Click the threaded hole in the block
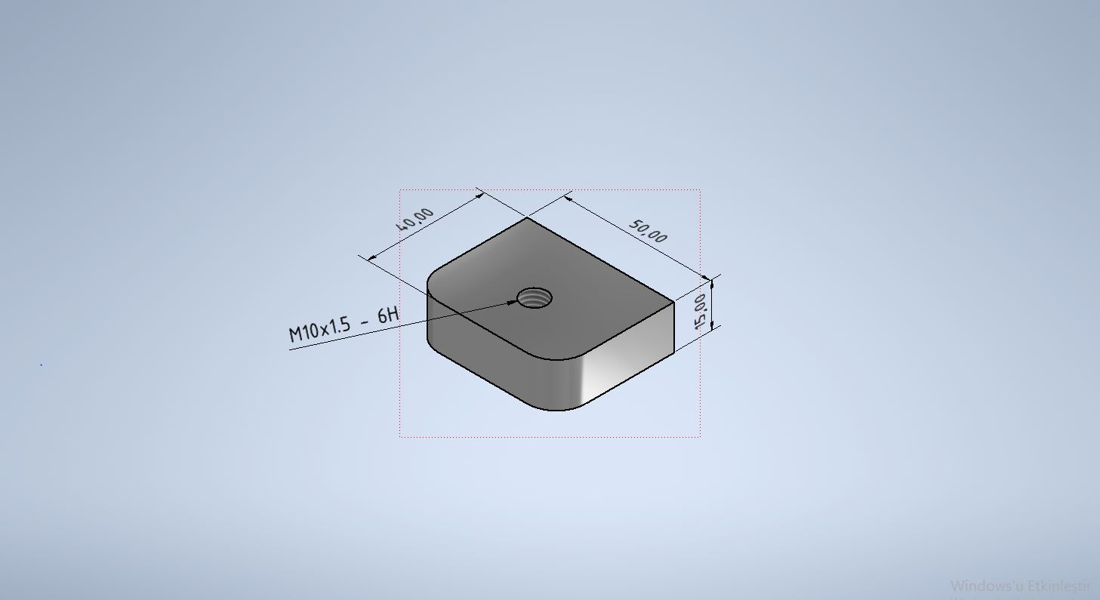tap(535, 298)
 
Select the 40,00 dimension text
tap(415, 220)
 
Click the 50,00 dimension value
tap(649, 231)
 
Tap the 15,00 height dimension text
tap(700, 311)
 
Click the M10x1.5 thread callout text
tap(319, 329)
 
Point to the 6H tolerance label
tap(388, 314)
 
